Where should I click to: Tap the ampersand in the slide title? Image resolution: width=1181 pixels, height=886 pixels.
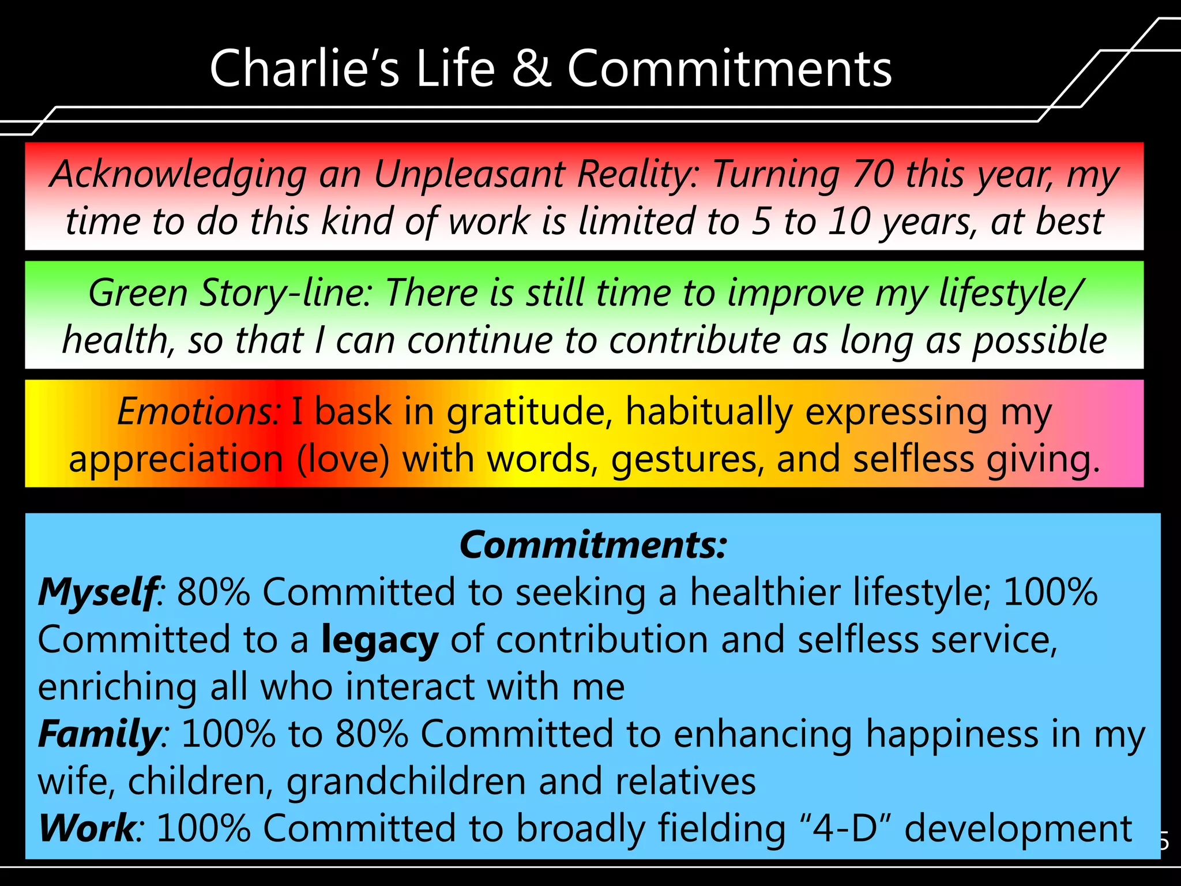[x=531, y=69]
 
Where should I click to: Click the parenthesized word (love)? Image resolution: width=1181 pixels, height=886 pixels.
[x=343, y=459]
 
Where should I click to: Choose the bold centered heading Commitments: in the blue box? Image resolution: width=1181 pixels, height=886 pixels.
[x=593, y=545]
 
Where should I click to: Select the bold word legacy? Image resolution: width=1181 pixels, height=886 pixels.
[x=379, y=640]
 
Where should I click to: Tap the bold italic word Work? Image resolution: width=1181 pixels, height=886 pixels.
[x=87, y=828]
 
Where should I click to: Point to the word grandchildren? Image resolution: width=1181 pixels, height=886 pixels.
[x=406, y=781]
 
